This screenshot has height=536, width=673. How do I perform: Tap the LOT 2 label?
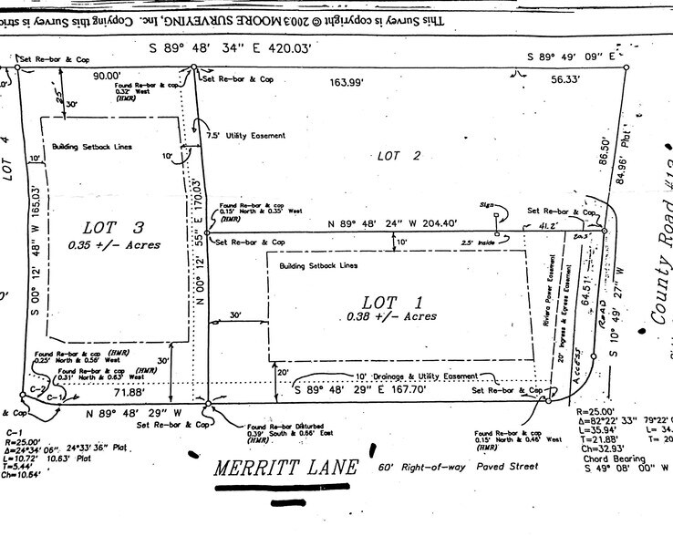399,156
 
